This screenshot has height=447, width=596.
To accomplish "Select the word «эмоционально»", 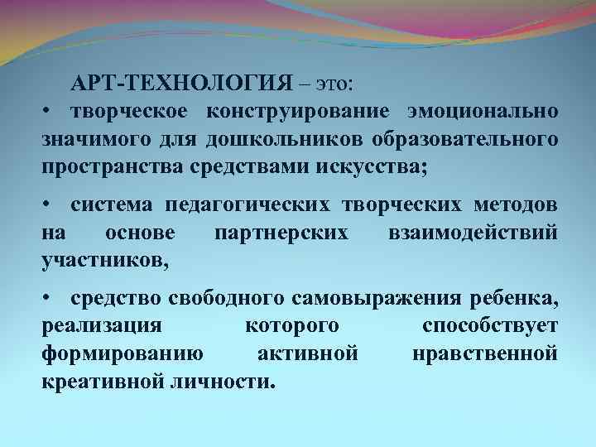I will pos(481,112).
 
